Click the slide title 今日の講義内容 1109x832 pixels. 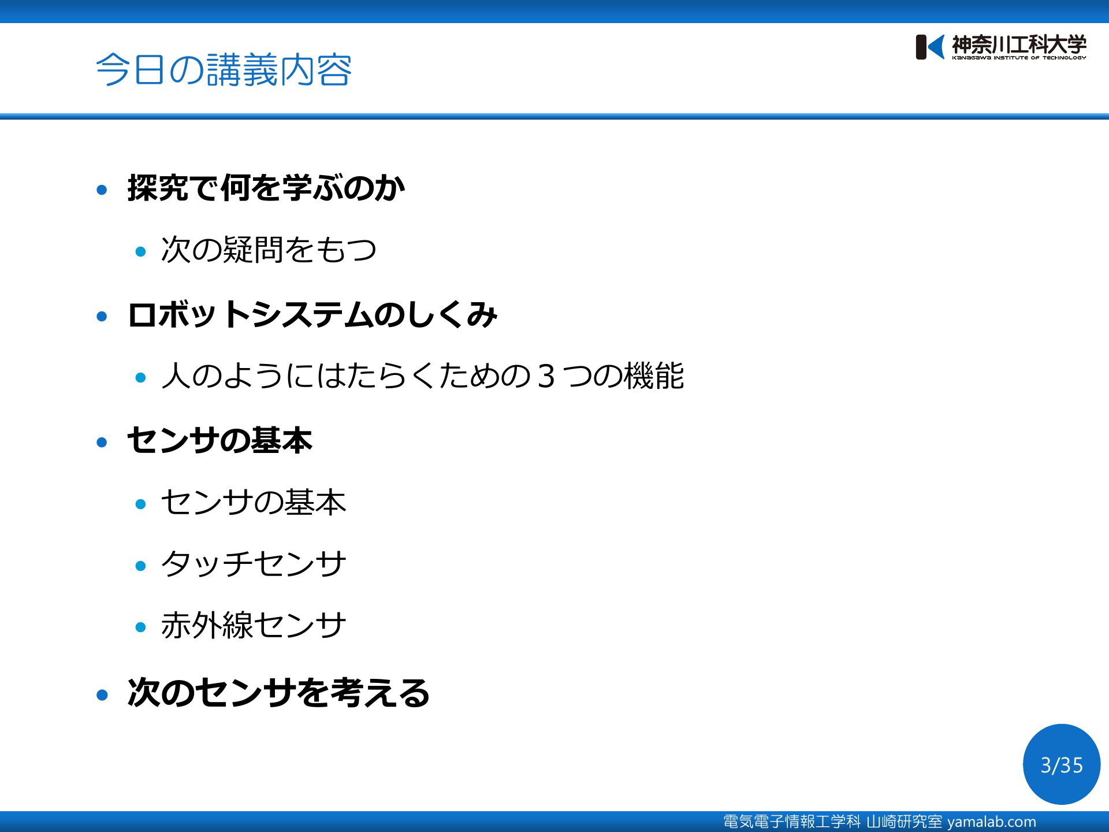(x=224, y=70)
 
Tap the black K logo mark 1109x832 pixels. (x=929, y=47)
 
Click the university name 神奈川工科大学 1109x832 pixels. (x=1019, y=44)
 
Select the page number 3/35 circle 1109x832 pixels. (x=1062, y=764)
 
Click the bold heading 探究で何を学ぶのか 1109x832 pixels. (x=266, y=188)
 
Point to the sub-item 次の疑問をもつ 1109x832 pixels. (x=269, y=250)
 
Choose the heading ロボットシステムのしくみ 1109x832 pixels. (x=312, y=314)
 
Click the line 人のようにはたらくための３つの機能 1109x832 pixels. (x=423, y=376)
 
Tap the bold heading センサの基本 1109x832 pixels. (x=219, y=440)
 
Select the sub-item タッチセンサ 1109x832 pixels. (x=254, y=563)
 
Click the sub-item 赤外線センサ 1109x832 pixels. (x=254, y=625)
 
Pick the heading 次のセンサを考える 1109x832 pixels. (x=278, y=693)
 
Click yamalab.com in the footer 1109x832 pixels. (x=992, y=822)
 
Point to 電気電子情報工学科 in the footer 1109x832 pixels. (x=792, y=822)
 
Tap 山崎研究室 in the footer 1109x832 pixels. (x=904, y=822)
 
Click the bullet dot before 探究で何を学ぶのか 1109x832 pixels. (x=102, y=190)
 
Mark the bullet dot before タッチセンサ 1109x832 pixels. (x=140, y=566)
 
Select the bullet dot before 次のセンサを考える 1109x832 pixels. (x=102, y=694)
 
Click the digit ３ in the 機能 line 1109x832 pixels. (x=546, y=376)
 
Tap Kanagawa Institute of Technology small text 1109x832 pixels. (x=1019, y=58)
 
